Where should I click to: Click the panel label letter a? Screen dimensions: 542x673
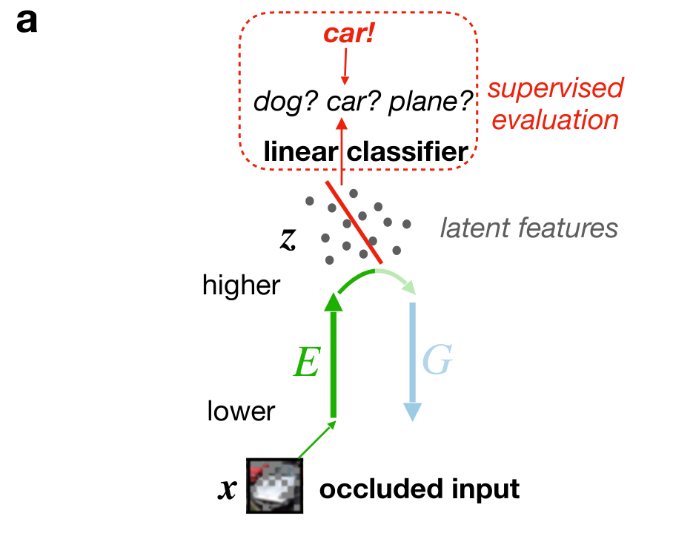[x=26, y=22]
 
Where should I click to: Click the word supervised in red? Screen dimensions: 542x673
[x=555, y=89]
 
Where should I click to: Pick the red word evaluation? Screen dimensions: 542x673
[x=555, y=120]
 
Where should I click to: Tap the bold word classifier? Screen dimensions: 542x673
[x=408, y=153]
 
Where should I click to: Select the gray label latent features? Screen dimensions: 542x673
[x=528, y=228]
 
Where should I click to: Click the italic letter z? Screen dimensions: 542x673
[x=288, y=237]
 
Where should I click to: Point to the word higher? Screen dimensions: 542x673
[x=242, y=285]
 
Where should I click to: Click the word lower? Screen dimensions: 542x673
[x=242, y=410]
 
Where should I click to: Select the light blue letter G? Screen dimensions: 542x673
[x=437, y=361]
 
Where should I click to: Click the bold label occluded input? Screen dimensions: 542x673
[x=419, y=489]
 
